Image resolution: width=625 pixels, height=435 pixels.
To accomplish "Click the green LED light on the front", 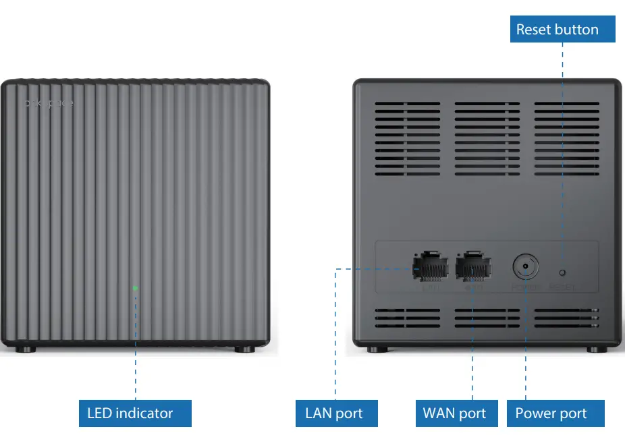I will click(135, 289).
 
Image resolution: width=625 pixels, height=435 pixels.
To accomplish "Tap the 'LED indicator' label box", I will click(130, 413).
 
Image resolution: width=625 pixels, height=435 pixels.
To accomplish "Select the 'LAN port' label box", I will click(334, 413).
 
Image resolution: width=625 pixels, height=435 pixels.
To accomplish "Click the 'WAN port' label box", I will click(454, 413).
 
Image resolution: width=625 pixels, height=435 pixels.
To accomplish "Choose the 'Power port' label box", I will click(551, 413).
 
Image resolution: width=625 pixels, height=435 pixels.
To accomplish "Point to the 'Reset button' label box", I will click(557, 30).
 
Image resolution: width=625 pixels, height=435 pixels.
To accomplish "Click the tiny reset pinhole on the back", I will click(562, 272).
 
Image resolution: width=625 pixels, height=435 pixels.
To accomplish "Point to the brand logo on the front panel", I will click(48, 104).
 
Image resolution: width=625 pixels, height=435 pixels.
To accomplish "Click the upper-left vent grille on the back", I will click(407, 139).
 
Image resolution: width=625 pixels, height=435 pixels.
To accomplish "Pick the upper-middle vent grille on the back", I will click(487, 139).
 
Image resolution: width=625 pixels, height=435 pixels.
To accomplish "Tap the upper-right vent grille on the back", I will click(567, 139).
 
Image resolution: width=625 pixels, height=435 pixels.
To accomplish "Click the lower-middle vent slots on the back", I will click(487, 319).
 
